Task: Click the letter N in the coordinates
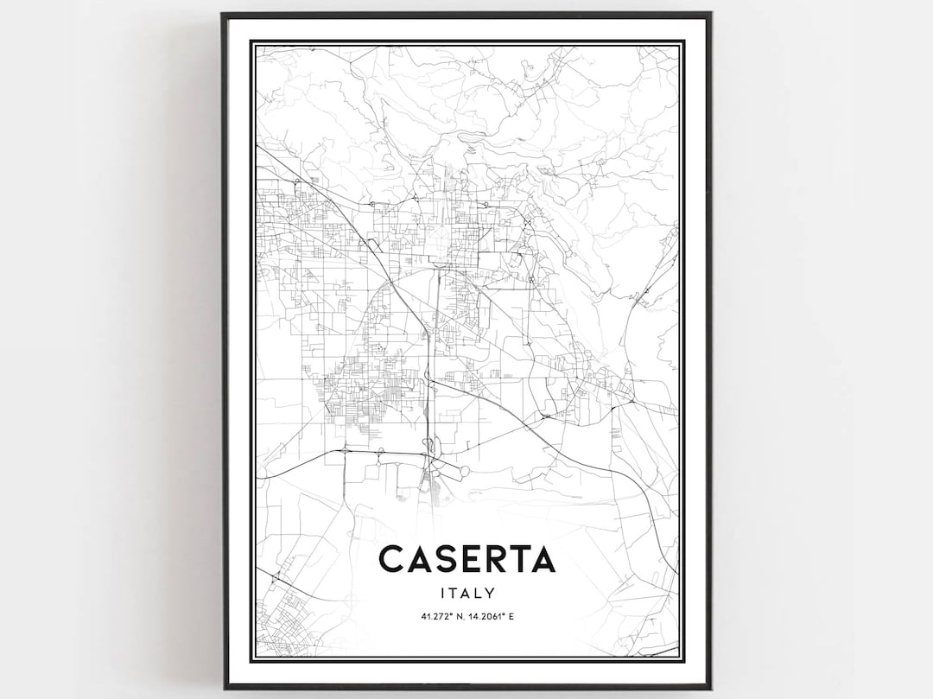[458, 617]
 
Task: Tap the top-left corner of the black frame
[223, 14]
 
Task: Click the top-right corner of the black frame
[710, 14]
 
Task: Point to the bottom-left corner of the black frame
[223, 687]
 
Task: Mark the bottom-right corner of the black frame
[710, 687]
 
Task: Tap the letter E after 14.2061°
[512, 617]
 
